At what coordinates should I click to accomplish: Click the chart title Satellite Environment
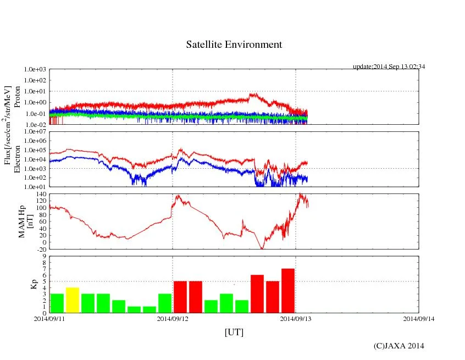[x=234, y=45]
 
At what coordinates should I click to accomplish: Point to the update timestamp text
[x=389, y=67]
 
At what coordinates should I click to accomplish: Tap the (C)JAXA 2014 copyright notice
[x=398, y=346]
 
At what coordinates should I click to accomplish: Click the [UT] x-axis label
[x=234, y=332]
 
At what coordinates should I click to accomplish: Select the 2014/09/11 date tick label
[x=49, y=318]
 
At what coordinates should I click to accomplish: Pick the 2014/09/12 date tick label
[x=173, y=318]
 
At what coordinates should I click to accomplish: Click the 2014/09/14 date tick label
[x=418, y=318]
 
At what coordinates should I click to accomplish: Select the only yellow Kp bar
[x=73, y=300]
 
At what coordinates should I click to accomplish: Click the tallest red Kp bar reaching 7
[x=288, y=291]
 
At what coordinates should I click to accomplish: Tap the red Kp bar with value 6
[x=257, y=293]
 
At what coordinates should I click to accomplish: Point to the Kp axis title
[x=31, y=284]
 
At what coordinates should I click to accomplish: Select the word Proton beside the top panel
[x=18, y=97]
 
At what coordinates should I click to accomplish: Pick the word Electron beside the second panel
[x=18, y=159]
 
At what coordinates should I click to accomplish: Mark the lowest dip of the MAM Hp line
[x=262, y=248]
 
